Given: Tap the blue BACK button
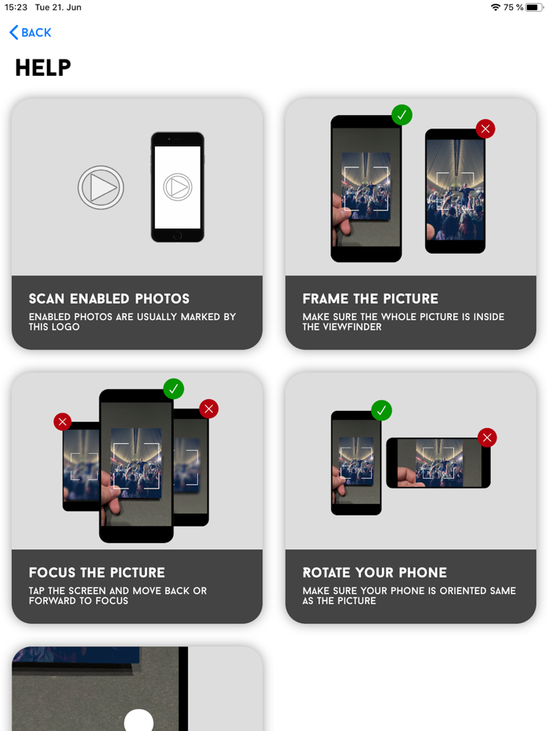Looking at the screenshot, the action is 31,33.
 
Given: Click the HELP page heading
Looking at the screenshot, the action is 43,67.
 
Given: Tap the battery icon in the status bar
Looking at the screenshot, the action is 535,8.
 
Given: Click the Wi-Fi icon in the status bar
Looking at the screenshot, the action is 496,8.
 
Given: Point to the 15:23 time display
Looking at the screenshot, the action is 16,8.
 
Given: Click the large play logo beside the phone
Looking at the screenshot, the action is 101,187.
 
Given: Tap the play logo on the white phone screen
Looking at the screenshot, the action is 178,187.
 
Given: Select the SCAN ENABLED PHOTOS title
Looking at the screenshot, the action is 109,298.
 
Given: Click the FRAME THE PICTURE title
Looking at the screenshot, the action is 370,298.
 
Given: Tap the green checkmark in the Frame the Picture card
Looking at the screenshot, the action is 402,115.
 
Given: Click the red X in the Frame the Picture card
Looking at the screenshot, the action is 485,128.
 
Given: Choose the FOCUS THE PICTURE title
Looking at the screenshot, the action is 97,572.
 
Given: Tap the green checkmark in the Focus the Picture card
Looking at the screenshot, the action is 174,389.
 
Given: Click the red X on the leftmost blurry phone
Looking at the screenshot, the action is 63,421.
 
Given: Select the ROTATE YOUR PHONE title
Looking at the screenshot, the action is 375,572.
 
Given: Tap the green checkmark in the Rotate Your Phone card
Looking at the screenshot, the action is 381,410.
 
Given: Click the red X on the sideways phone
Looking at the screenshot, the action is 488,438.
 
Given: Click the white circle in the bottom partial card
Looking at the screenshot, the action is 139,720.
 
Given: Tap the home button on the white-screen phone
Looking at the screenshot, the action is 177,236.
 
